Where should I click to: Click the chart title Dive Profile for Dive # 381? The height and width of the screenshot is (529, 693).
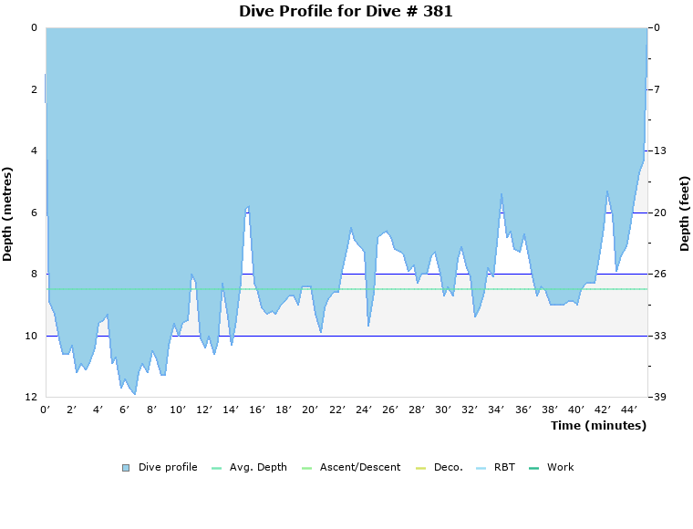(346, 12)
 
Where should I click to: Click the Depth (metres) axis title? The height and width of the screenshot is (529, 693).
(8, 213)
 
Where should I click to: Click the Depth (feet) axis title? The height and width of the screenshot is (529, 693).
(684, 213)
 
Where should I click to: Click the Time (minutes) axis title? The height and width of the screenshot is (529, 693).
(598, 426)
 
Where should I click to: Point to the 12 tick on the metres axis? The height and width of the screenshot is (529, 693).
(34, 398)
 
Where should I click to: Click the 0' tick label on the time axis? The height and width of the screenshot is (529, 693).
(46, 410)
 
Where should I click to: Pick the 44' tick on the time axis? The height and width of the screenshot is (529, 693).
(629, 410)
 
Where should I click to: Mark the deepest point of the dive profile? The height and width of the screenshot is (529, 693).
(135, 394)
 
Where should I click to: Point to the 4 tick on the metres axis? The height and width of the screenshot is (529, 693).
(34, 150)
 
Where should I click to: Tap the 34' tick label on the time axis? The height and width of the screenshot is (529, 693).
(497, 410)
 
